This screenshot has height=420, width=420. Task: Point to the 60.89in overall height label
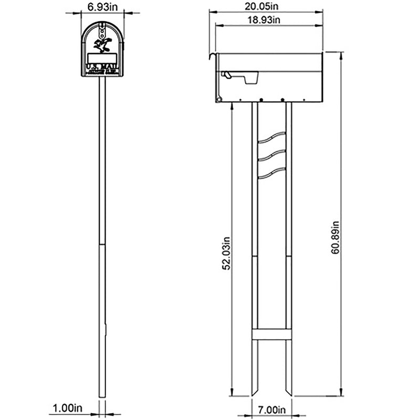(335, 238)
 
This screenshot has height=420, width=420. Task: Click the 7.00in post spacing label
(270, 409)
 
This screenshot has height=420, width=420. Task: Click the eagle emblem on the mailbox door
(102, 44)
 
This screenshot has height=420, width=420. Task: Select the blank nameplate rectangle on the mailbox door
(102, 58)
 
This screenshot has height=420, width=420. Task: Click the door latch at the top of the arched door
(102, 25)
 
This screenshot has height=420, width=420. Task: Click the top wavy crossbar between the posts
(271, 138)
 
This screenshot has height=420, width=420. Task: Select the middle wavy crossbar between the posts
(271, 155)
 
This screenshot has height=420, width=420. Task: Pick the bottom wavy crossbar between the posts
(271, 172)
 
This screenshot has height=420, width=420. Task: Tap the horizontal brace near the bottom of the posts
(271, 334)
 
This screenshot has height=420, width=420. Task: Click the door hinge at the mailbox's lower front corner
(218, 99)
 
